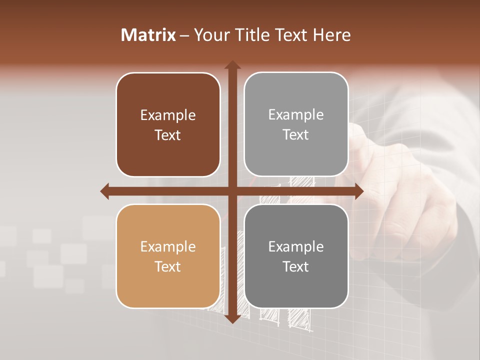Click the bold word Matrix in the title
(148, 35)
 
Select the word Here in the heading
(331, 35)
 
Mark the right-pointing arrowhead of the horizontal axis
(358, 191)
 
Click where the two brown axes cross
(232, 191)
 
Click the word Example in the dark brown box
(168, 115)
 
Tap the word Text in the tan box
(168, 266)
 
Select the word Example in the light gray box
(296, 115)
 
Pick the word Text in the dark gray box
(296, 266)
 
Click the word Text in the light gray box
(296, 135)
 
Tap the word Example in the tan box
(168, 247)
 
